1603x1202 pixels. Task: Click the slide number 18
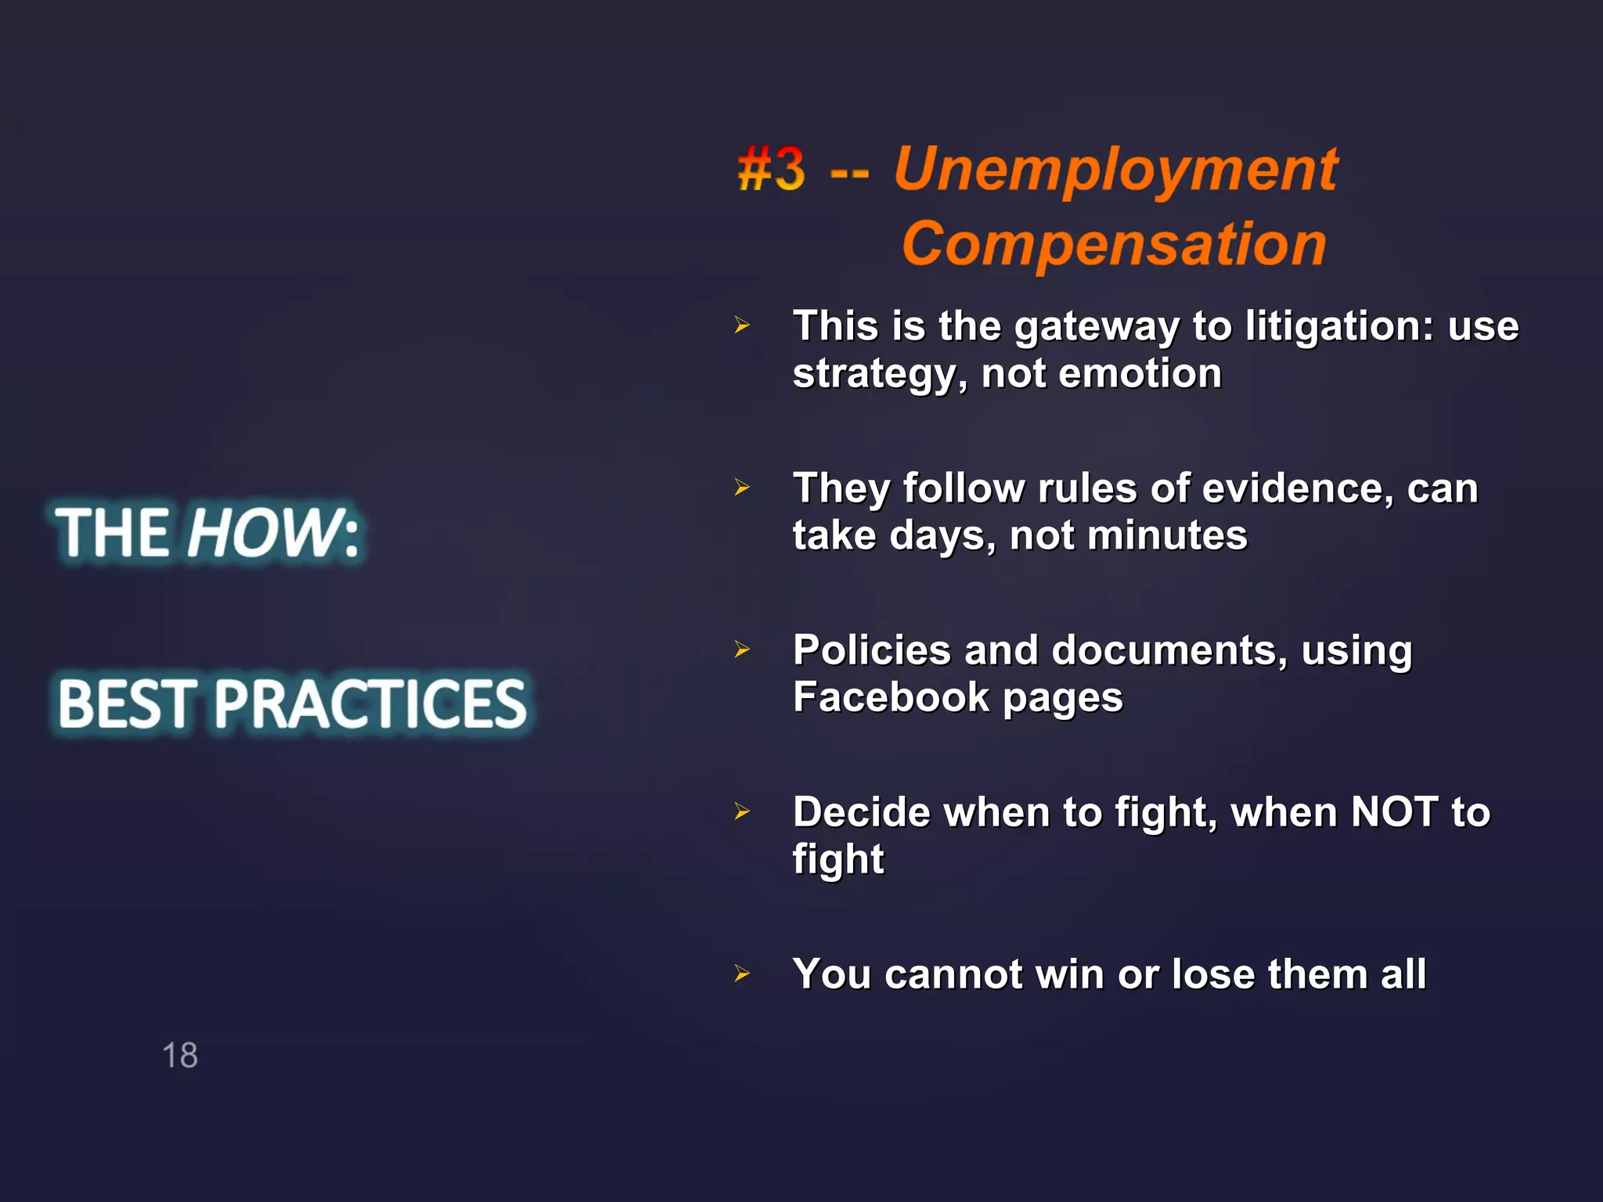pyautogui.click(x=180, y=1055)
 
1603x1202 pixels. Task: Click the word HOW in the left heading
pyautogui.click(x=262, y=533)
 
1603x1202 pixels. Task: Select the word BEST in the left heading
pyautogui.click(x=125, y=704)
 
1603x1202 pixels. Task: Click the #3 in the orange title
pyautogui.click(x=771, y=169)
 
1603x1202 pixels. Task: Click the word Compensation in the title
pyautogui.click(x=1114, y=244)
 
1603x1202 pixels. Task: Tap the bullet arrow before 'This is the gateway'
pyautogui.click(x=742, y=326)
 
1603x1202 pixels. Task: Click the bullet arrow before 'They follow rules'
pyautogui.click(x=742, y=488)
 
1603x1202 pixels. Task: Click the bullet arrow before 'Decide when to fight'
pyautogui.click(x=742, y=812)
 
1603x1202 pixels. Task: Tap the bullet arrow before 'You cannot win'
pyautogui.click(x=742, y=974)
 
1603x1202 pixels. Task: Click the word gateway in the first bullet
pyautogui.click(x=1097, y=327)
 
